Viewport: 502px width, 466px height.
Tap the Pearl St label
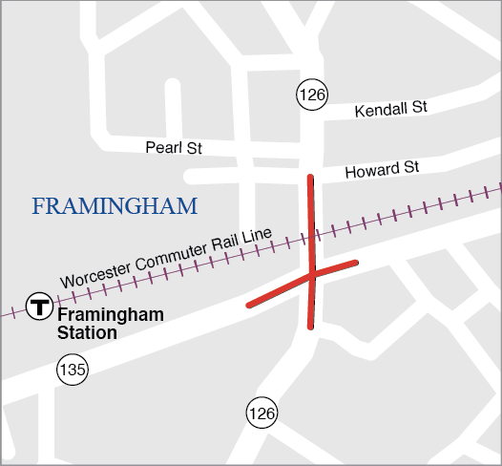tap(174, 147)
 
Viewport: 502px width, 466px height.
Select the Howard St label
tap(382, 169)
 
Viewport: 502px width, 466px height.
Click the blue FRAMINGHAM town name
tap(115, 206)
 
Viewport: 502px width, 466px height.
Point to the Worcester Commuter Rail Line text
tap(167, 258)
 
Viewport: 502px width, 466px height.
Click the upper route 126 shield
tap(311, 94)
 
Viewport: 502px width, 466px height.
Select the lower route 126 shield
tap(261, 413)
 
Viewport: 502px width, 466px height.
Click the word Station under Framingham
tap(87, 332)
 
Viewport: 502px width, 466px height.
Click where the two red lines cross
tap(312, 274)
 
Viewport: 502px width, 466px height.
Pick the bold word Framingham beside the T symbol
tap(111, 314)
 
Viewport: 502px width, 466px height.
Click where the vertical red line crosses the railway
tap(312, 234)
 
